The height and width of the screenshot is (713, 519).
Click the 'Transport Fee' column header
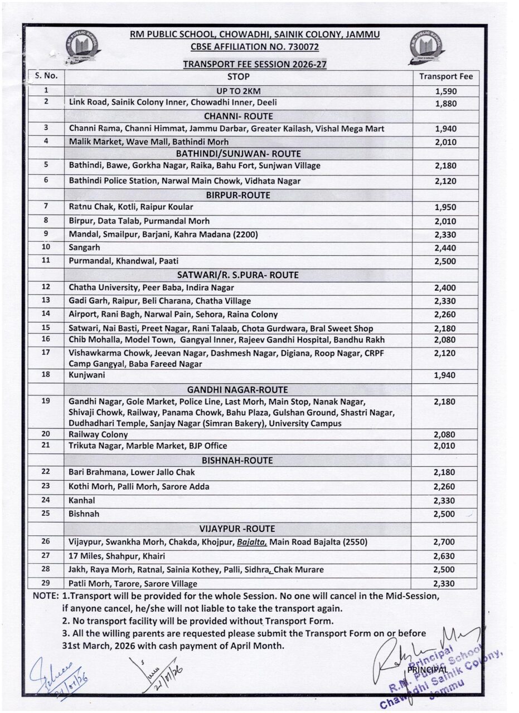point(445,77)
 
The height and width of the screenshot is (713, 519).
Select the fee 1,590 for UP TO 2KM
point(445,91)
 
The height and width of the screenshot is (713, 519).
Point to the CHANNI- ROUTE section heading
point(238,116)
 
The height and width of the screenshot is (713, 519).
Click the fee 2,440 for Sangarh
point(445,248)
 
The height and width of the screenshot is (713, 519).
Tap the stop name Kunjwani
point(87,375)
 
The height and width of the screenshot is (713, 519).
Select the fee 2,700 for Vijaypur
point(444,542)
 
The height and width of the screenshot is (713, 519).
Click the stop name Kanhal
point(82,500)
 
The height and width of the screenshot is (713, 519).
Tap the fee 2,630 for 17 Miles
point(444,556)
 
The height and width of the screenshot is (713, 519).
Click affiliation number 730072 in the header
point(303,47)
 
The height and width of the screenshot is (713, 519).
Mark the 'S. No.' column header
point(46,76)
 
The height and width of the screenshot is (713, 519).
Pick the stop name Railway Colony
point(98,434)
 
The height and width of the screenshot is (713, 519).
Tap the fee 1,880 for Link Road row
point(445,103)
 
